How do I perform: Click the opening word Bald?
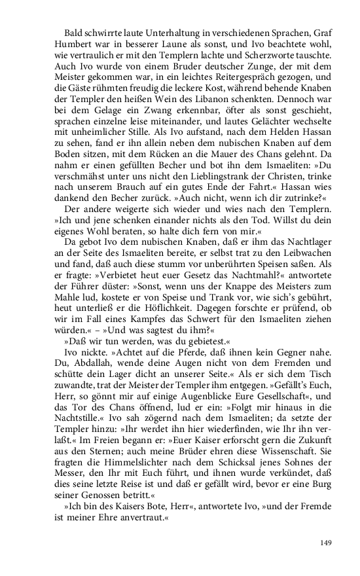[74, 32]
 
